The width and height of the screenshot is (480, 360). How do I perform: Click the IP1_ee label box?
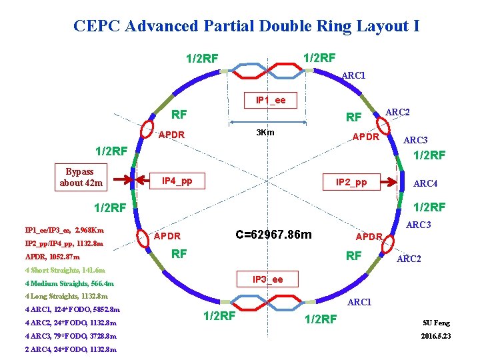271,100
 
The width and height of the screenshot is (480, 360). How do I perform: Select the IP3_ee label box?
267,279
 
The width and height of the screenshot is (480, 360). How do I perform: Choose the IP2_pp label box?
351,181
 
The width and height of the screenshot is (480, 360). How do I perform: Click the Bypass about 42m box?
81,177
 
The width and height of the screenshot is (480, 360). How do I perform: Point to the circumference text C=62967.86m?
273,235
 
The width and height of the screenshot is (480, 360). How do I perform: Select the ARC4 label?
425,183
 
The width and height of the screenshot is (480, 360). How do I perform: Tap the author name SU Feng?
436,323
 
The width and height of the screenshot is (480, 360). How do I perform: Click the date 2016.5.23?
436,336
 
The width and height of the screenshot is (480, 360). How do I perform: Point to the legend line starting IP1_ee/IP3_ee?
64,230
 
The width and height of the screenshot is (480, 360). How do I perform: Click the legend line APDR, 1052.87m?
52,257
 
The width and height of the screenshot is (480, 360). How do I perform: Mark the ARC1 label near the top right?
353,75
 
